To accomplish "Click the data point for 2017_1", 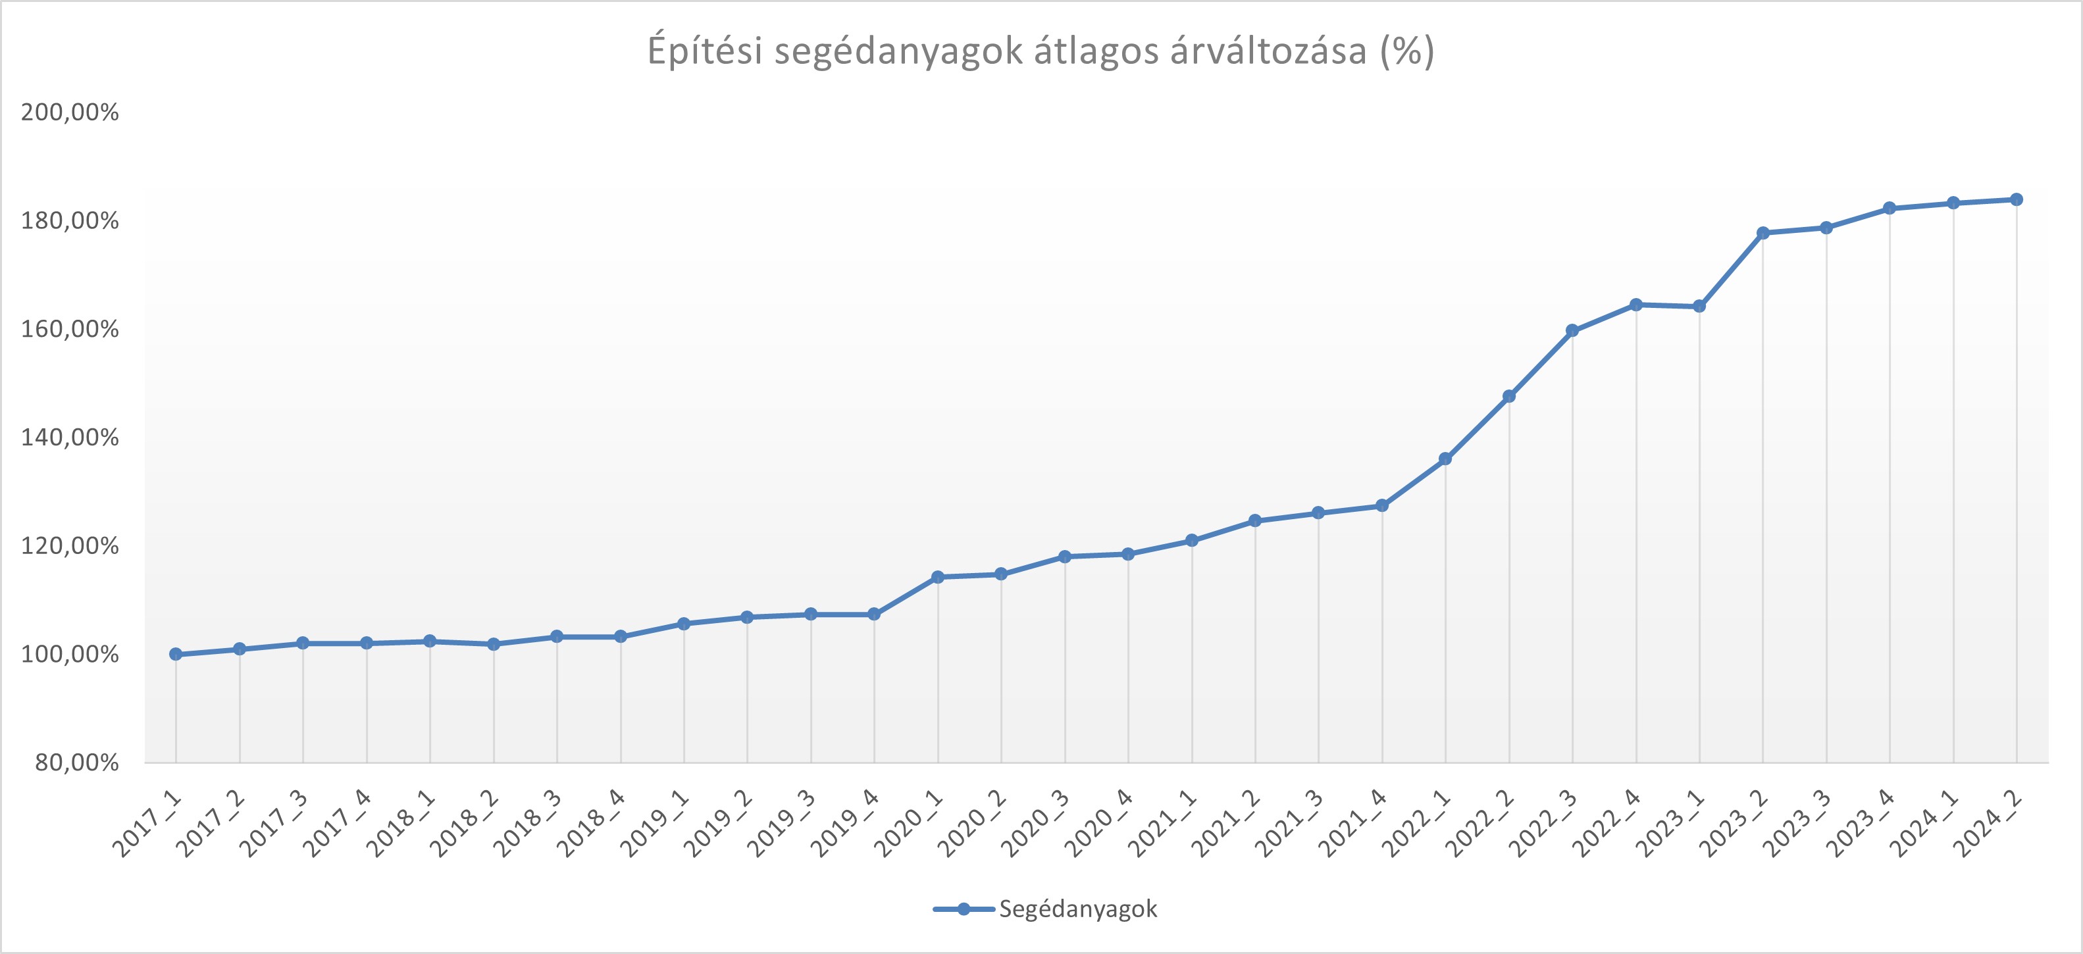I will (x=176, y=654).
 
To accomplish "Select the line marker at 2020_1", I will (x=938, y=577).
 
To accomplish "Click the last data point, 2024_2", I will (x=2017, y=200).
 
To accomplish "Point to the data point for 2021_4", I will (x=1382, y=506).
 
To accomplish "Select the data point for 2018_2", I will (x=493, y=644).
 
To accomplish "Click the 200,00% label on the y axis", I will (x=70, y=113).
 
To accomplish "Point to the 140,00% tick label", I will (x=70, y=438).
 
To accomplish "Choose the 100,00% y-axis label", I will (x=70, y=654).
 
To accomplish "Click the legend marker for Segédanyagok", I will (x=964, y=909).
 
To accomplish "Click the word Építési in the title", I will (x=705, y=51).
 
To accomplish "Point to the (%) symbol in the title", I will (x=1408, y=51).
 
